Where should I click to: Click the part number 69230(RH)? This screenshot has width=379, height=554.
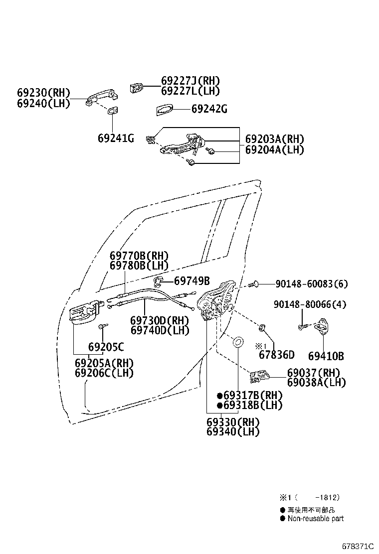click(43, 93)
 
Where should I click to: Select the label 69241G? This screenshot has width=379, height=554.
click(116, 138)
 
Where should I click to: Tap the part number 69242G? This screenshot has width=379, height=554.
click(209, 109)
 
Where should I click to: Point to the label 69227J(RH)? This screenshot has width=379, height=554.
click(190, 81)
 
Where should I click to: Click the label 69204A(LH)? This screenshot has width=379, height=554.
click(274, 149)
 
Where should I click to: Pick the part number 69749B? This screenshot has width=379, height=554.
click(192, 280)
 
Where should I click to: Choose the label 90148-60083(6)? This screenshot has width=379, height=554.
click(311, 284)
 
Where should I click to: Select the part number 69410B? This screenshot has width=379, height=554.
click(326, 356)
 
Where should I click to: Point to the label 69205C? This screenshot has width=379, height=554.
click(106, 347)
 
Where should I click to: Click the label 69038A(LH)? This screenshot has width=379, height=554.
click(316, 383)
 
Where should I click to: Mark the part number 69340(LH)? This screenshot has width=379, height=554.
click(233, 431)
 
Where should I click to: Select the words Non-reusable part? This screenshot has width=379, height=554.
click(315, 518)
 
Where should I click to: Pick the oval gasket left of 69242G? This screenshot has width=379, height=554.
click(165, 110)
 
